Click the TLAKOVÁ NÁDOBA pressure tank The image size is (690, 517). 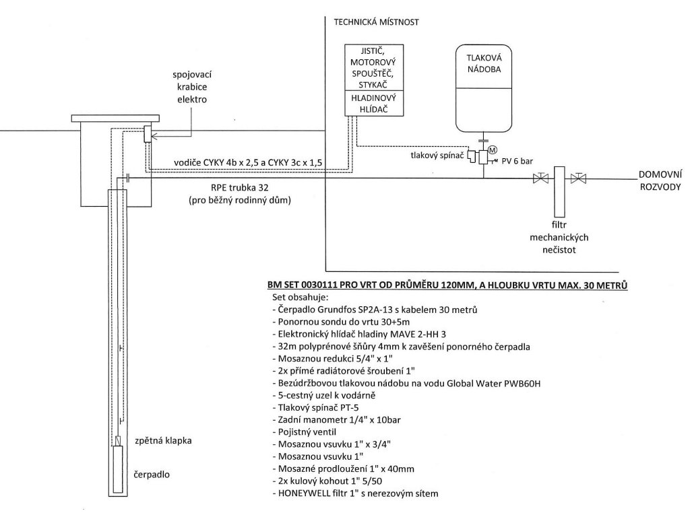tap(484, 88)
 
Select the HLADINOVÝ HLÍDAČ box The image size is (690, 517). tap(373, 103)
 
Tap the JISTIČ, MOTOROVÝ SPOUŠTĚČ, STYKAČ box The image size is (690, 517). tap(373, 68)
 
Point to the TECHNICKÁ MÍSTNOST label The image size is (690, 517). tap(376, 22)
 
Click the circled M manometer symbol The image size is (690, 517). tap(493, 150)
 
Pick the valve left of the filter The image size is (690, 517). tap(540, 178)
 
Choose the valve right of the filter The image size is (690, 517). tap(578, 178)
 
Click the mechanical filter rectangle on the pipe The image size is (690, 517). tap(559, 192)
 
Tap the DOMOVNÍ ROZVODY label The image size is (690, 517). tap(660, 180)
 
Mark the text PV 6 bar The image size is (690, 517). tap(517, 162)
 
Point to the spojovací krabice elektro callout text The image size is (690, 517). tap(192, 87)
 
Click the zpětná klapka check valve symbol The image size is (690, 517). tap(118, 440)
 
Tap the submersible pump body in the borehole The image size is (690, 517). tap(118, 469)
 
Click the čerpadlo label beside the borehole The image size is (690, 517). tap(152, 475)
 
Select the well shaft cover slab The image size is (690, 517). tap(115, 118)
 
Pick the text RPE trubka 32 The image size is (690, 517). tap(239, 188)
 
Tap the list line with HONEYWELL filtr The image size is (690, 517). tap(355, 493)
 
